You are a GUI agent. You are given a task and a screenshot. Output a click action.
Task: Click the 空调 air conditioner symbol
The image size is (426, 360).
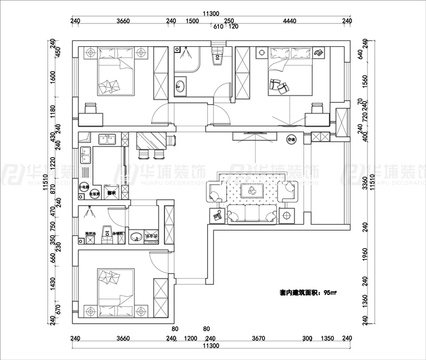click(291, 140)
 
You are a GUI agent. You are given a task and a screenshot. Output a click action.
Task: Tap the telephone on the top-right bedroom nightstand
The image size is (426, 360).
click(319, 52)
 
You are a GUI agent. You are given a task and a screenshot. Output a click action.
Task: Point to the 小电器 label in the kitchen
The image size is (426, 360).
click(84, 187)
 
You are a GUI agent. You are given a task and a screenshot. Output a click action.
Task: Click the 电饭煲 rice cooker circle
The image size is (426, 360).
click(94, 194)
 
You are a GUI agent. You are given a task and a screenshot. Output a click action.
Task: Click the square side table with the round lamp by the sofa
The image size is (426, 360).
click(288, 216)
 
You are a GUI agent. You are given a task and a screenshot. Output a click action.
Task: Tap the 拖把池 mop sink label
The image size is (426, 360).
click(89, 233)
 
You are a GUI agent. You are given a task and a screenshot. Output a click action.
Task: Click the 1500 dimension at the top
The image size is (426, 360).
click(192, 21)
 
